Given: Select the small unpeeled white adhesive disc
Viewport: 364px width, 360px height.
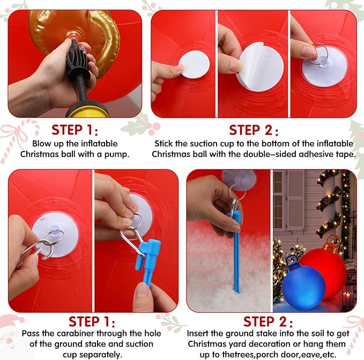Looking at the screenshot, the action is coord(194,64).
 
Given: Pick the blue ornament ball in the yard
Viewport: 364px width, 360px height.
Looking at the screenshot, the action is coord(304,287).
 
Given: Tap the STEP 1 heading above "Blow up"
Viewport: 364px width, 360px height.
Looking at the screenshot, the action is coord(75,130).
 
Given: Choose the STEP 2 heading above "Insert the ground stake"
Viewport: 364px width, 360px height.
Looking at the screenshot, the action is coord(268,322).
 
